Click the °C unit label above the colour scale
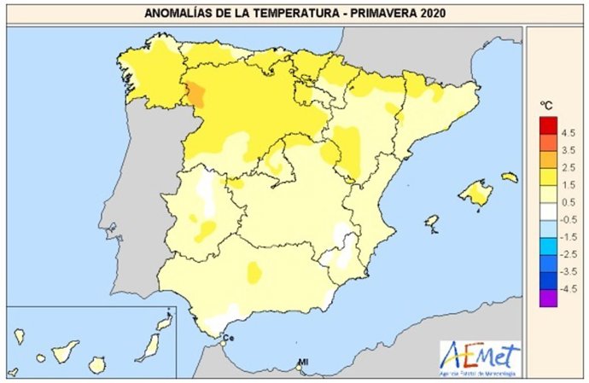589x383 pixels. tap(545, 105)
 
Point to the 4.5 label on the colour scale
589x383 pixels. tap(569, 132)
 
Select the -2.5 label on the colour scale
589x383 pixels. tap(567, 252)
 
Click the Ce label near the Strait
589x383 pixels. tap(228, 338)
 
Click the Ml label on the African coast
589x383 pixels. tap(302, 363)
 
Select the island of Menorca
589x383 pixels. tap(510, 177)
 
